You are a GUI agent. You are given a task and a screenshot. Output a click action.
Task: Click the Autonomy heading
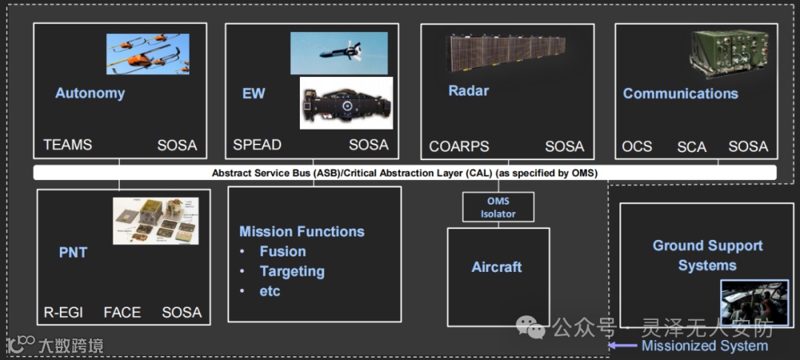coord(90,93)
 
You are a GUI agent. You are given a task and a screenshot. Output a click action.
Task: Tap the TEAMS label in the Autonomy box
coord(67,145)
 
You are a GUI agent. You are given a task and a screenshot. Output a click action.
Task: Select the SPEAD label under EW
coord(257,145)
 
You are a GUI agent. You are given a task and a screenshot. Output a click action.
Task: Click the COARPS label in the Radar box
coord(459,147)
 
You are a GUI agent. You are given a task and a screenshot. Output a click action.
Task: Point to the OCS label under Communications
coord(637,147)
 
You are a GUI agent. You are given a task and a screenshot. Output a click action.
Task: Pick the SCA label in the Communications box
coord(692,147)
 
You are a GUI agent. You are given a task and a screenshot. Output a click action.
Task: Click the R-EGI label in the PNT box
coord(63,312)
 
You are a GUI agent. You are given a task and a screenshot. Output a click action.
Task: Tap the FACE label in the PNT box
coord(122,312)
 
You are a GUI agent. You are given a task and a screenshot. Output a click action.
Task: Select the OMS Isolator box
coord(498,207)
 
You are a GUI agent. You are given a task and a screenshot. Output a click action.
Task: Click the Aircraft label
coord(496,267)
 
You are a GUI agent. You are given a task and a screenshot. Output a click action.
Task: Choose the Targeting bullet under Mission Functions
coord(292,271)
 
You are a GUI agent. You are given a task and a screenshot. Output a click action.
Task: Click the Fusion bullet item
coord(283,251)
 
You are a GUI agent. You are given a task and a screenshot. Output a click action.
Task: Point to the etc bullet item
coord(270,291)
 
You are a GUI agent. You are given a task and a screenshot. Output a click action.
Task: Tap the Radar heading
coord(468,91)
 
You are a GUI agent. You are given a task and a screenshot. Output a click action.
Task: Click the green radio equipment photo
coord(730,54)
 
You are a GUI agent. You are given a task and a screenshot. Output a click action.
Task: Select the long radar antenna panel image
coord(506,53)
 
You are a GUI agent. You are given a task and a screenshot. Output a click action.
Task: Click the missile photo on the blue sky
coord(339,53)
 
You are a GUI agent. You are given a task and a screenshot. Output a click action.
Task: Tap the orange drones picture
coord(147,54)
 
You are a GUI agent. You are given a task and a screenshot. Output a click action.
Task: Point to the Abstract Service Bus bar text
coord(404,173)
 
